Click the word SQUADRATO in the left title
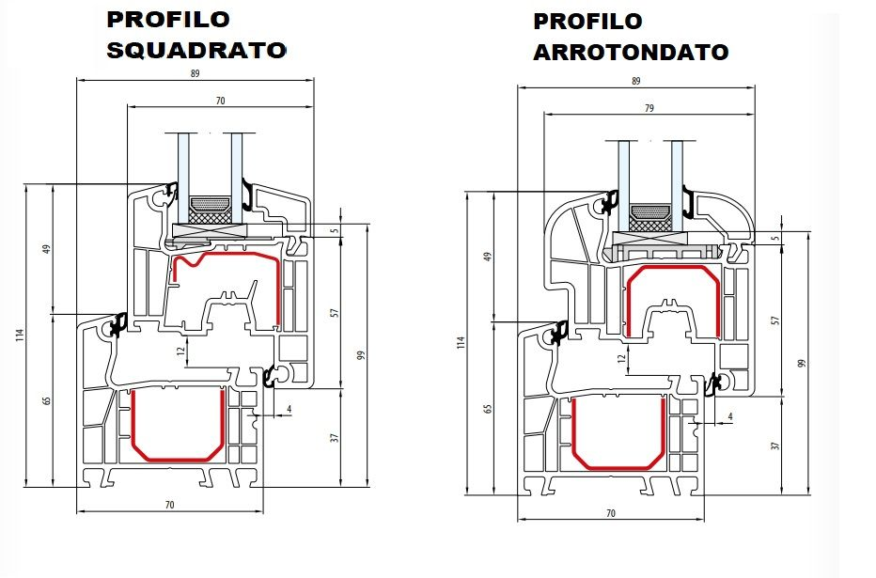(x=196, y=50)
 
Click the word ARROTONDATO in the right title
(x=631, y=52)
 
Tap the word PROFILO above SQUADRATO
(x=168, y=19)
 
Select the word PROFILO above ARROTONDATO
(x=587, y=21)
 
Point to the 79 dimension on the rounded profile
(x=648, y=109)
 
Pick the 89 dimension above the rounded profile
(x=635, y=81)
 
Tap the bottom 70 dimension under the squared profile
(x=170, y=506)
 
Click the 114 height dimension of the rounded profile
(x=461, y=343)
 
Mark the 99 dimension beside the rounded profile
(x=800, y=363)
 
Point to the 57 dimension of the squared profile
(x=335, y=312)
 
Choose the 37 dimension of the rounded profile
(x=775, y=445)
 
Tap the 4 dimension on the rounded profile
(x=730, y=415)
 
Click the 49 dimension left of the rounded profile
(x=487, y=257)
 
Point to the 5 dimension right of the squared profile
(x=335, y=230)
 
